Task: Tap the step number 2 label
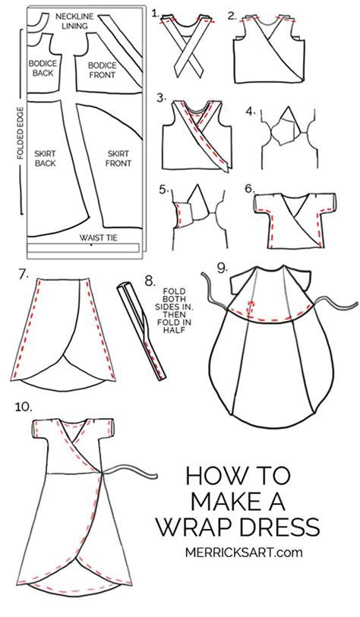pos(232,14)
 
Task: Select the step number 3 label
pos(160,97)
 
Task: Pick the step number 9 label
pos(221,267)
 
